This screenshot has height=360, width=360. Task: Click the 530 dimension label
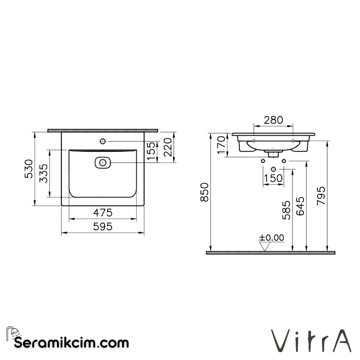[29, 169]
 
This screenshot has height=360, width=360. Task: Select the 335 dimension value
[44, 173]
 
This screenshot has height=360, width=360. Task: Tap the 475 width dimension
[103, 212]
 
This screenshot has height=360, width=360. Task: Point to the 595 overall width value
[103, 227]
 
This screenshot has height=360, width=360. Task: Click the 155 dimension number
[152, 151]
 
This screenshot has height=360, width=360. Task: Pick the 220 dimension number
[168, 147]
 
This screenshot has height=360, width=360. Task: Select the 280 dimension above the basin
[273, 120]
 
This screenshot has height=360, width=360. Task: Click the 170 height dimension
[221, 145]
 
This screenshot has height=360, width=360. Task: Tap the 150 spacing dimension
[273, 178]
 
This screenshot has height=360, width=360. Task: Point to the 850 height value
[204, 192]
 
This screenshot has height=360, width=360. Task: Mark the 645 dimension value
[300, 206]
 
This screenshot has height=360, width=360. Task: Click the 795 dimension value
[321, 196]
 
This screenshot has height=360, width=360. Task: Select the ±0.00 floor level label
[272, 238]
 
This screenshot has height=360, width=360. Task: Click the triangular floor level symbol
[265, 246]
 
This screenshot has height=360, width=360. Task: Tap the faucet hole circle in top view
[103, 141]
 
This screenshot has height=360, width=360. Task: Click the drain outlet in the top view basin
[103, 163]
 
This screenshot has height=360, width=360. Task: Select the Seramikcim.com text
[71, 343]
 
